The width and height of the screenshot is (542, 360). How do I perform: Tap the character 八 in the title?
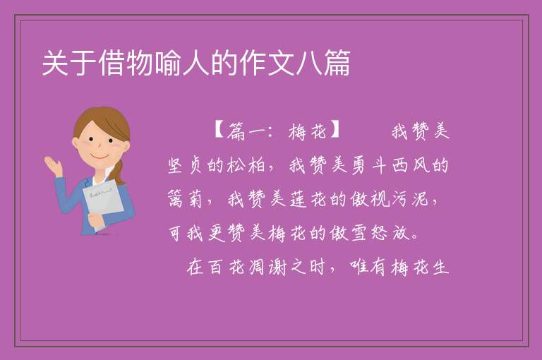308,63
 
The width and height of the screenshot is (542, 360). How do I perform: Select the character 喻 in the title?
168,63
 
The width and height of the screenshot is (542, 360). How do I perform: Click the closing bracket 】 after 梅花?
335,130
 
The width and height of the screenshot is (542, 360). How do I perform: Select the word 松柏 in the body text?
246,165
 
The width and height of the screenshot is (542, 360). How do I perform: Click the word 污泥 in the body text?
409,199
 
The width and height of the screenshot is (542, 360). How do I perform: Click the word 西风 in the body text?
411,165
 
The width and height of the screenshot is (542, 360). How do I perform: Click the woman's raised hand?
54,165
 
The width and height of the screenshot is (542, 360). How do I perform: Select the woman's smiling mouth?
100,157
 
